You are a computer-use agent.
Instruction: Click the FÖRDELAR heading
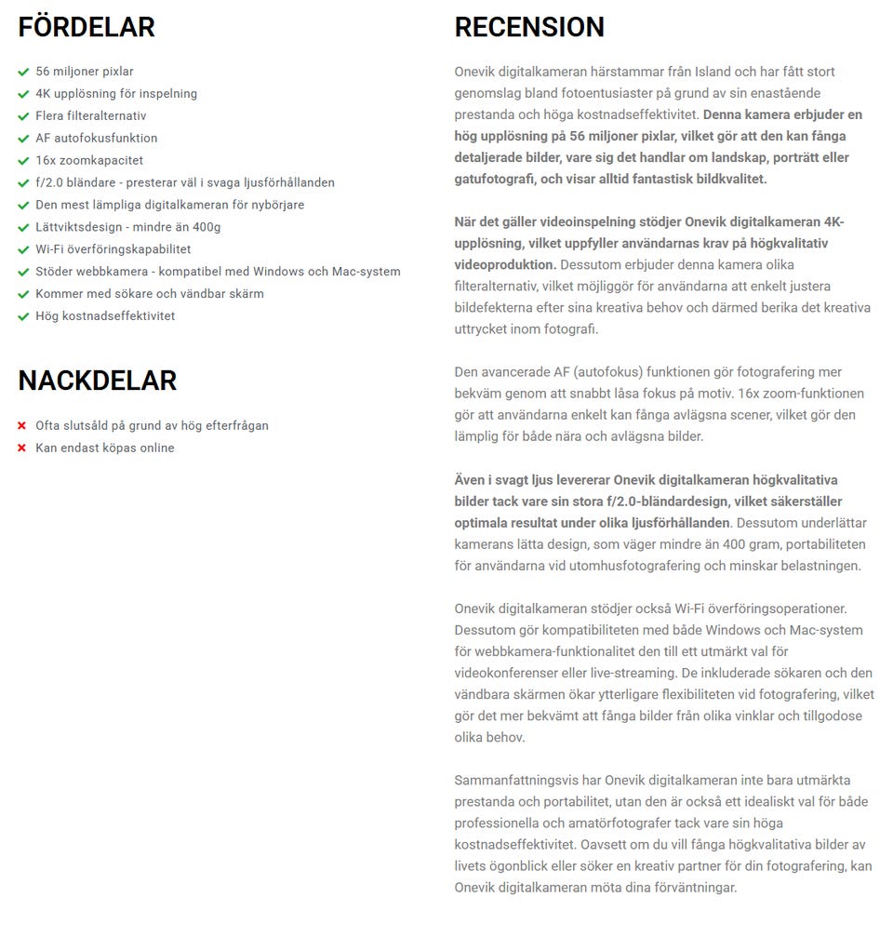pyautogui.click(x=87, y=28)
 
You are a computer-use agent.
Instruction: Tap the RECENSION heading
pyautogui.click(x=529, y=28)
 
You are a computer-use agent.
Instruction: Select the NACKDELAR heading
pyautogui.click(x=97, y=381)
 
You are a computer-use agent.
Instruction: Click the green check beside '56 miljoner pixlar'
pyautogui.click(x=23, y=72)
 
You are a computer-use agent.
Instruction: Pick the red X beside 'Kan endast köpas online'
pyautogui.click(x=21, y=448)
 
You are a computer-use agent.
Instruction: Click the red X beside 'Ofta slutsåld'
pyautogui.click(x=21, y=426)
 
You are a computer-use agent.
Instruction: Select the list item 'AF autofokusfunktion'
pyautogui.click(x=96, y=138)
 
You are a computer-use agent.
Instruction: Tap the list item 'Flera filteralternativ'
pyautogui.click(x=90, y=115)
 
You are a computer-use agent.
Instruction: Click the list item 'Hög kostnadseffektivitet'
pyautogui.click(x=105, y=315)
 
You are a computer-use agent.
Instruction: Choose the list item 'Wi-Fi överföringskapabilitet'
pyautogui.click(x=113, y=248)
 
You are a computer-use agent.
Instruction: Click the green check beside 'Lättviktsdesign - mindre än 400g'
pyautogui.click(x=23, y=227)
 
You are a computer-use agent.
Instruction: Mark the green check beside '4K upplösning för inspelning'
pyautogui.click(x=23, y=94)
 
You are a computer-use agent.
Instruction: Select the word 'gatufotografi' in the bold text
pyautogui.click(x=494, y=179)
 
